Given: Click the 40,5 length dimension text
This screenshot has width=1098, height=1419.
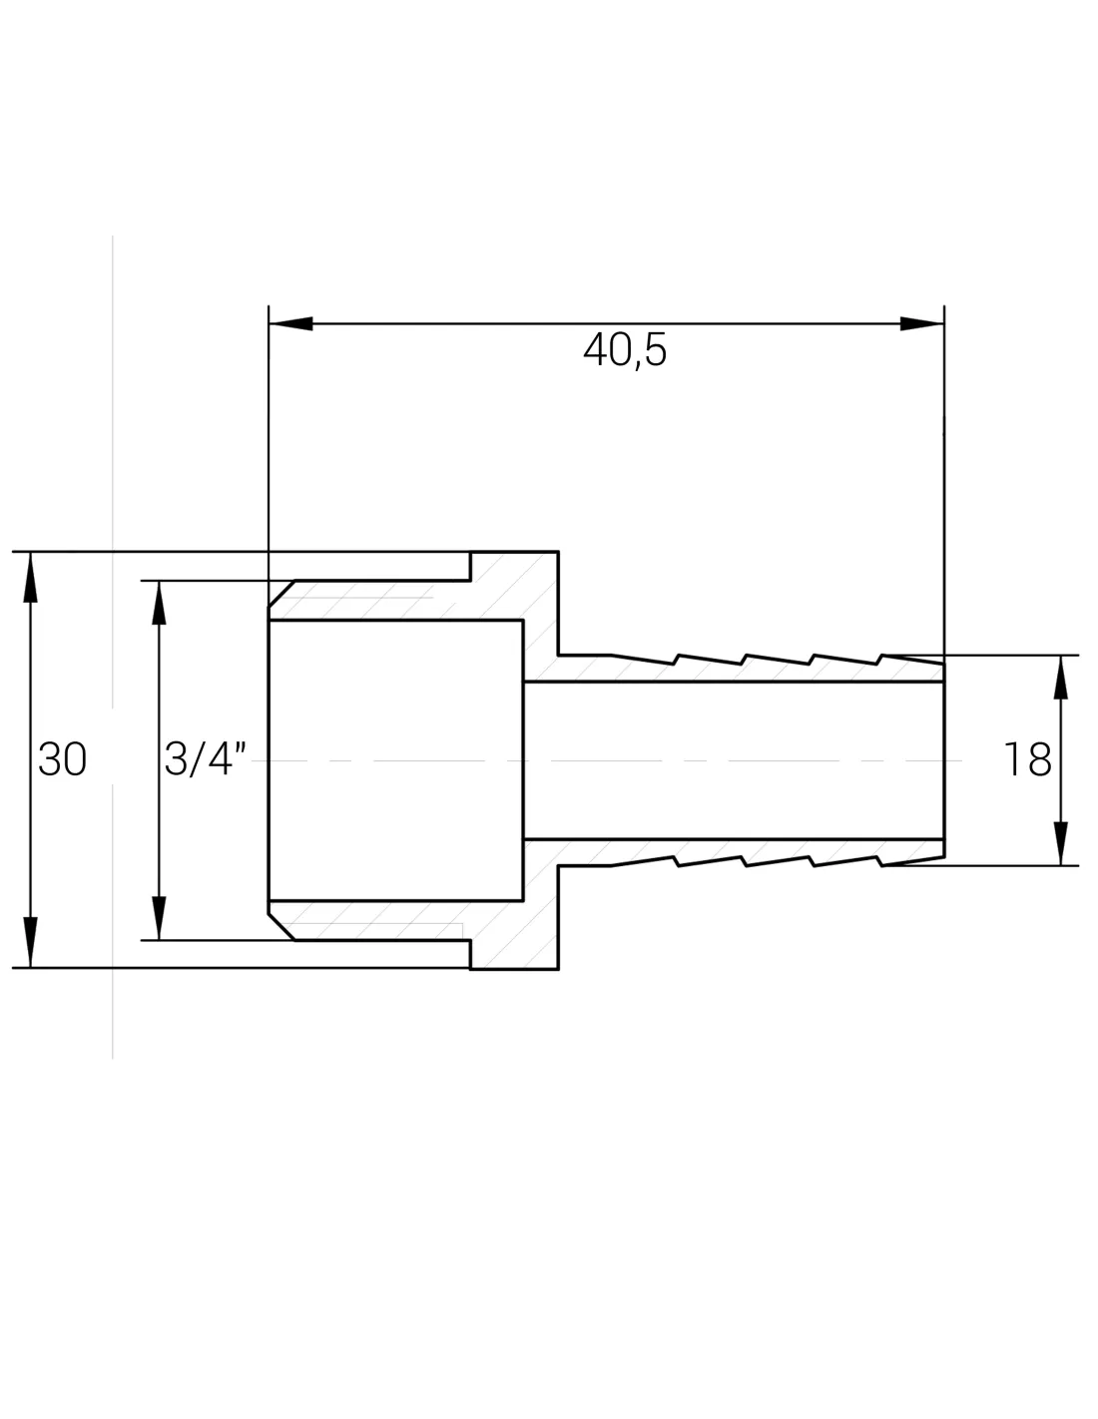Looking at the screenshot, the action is click(x=625, y=350).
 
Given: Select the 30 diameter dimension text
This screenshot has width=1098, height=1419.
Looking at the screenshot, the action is click(x=62, y=758).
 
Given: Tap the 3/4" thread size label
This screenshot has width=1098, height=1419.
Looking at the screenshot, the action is click(x=205, y=758).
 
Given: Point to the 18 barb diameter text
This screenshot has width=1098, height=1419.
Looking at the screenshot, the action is click(x=1027, y=759).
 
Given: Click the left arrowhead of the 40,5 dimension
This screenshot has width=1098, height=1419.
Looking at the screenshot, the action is click(x=290, y=323).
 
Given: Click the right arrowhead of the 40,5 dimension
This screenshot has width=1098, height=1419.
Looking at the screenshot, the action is click(x=921, y=323).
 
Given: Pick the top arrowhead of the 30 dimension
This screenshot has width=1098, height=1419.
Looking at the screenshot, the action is click(x=31, y=577).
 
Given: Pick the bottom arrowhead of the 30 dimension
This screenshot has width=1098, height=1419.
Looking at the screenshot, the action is click(x=31, y=942).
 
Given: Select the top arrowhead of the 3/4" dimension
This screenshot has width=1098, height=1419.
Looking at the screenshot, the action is click(x=160, y=603).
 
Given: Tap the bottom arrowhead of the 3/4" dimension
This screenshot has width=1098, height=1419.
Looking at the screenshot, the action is click(x=160, y=917).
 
